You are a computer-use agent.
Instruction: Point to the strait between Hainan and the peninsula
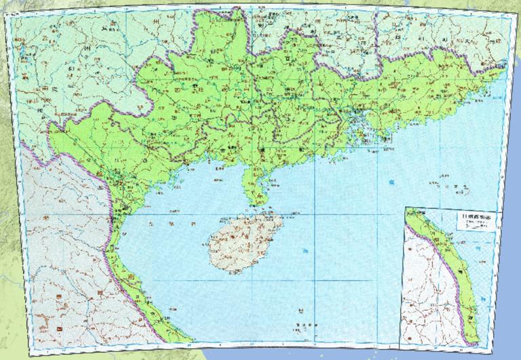252,207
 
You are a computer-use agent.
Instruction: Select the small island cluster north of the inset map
444,183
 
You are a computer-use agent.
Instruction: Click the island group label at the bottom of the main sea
302,325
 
